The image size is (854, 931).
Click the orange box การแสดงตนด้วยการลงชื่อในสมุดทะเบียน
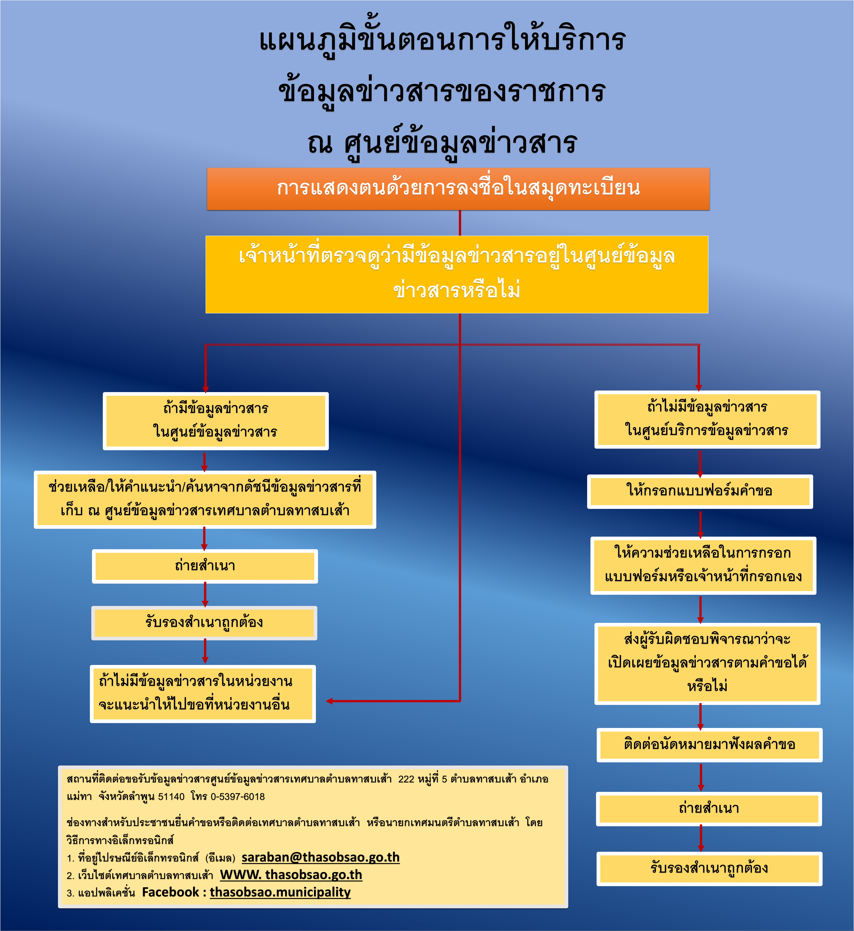458,189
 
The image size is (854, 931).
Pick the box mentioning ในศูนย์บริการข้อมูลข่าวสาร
707,419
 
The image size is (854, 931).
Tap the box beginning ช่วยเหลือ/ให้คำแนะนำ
205,499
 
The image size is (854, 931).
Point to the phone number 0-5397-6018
238,796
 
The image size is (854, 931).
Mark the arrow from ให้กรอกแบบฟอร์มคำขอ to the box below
700,523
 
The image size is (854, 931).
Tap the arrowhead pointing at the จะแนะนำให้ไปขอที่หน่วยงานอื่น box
330,701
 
